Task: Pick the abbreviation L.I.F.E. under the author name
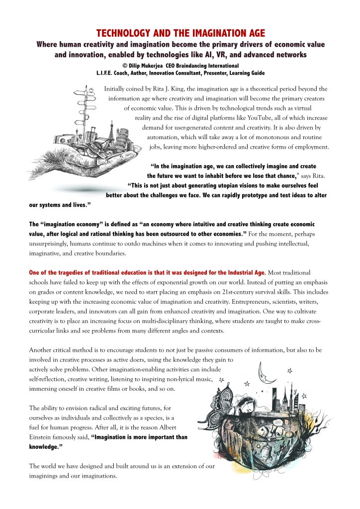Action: click(x=107, y=73)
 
